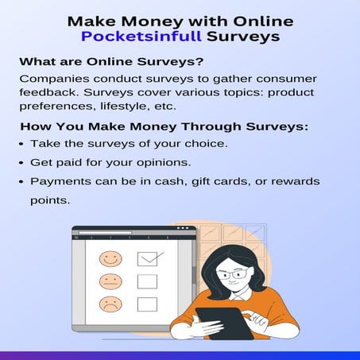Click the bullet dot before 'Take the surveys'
22,144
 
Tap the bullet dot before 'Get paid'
22,163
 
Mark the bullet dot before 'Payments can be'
22,182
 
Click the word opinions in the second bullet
165,163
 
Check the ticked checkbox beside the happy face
148,257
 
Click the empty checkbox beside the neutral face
147,281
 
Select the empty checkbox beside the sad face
147,304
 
